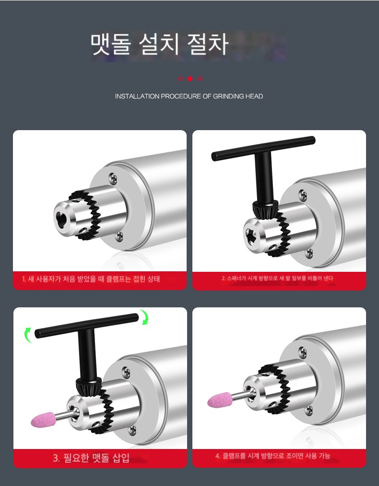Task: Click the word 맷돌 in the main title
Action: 111,44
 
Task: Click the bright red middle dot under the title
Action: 190,79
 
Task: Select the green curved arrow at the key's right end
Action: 144,317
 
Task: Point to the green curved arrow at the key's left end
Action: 28,335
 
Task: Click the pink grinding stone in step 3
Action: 43,419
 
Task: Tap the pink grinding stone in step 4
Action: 220,400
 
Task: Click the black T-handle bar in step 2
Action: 263,148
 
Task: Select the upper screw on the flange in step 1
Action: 113,178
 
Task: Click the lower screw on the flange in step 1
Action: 119,236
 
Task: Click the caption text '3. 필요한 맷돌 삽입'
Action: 91,458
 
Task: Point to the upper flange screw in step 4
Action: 303,352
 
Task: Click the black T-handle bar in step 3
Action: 87,326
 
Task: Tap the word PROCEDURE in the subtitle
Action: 181,97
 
